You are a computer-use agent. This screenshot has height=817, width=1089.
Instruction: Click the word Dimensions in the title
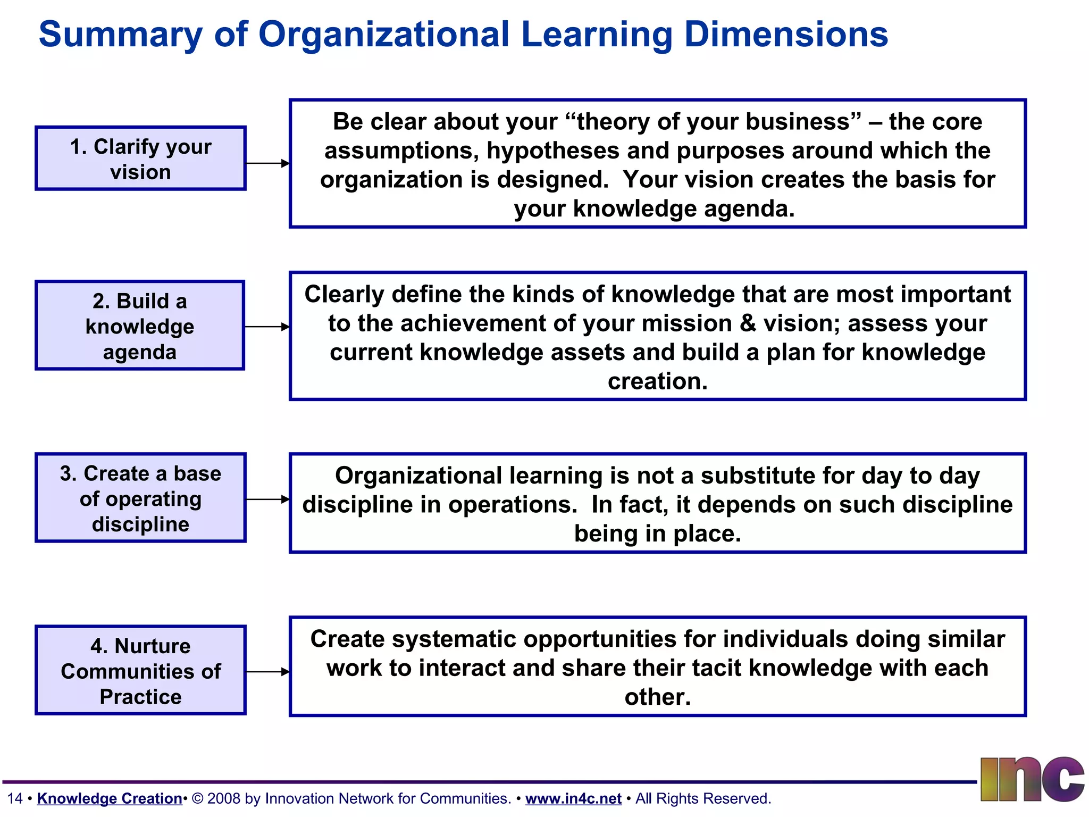[x=785, y=35]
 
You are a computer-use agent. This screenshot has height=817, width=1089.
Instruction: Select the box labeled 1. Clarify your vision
[x=140, y=159]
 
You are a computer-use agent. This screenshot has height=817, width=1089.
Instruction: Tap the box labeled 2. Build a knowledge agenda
[x=140, y=326]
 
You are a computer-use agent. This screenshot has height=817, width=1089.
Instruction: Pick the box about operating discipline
[x=140, y=498]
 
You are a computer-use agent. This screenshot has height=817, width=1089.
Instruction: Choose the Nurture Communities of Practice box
[x=140, y=670]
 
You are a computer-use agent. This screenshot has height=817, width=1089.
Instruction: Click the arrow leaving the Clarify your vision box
[x=267, y=163]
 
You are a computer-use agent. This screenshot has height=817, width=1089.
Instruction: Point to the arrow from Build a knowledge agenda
[x=267, y=327]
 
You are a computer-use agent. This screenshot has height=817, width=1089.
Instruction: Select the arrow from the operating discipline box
[x=267, y=499]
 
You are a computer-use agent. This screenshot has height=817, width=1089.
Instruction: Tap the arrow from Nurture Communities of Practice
[x=267, y=672]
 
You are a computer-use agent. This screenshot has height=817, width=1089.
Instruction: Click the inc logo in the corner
[x=1032, y=779]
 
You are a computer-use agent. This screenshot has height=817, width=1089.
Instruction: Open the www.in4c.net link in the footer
[x=573, y=798]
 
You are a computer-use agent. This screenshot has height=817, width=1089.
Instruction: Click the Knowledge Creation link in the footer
[x=110, y=798]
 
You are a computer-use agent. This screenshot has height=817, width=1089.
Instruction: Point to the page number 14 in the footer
[x=15, y=798]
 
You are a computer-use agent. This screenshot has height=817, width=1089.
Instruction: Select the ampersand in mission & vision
[x=748, y=323]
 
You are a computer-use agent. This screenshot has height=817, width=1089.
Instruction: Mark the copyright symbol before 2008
[x=197, y=798]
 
